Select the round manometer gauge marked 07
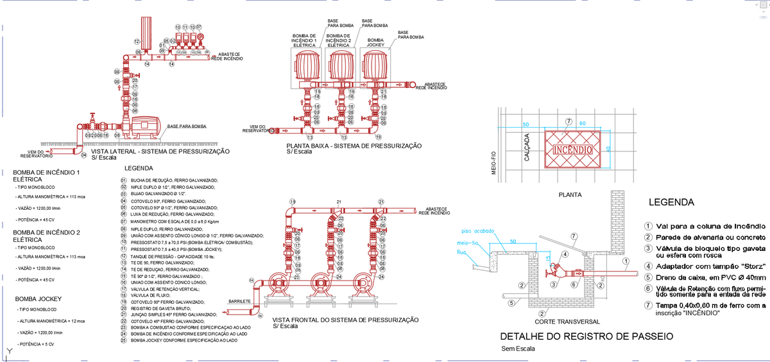tap(200, 38)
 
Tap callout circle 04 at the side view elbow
tap(83, 155)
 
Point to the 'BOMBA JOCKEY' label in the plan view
tap(375, 43)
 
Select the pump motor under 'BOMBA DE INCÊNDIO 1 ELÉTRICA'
tap(305, 66)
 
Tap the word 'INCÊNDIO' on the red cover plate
tap(572, 150)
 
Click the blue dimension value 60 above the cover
tap(583, 123)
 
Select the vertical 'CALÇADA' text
tap(527, 148)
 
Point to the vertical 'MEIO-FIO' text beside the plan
tap(494, 164)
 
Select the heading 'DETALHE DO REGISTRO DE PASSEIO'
tap(586, 336)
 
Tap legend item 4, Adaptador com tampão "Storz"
tap(702, 266)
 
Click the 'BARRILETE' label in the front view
tap(239, 301)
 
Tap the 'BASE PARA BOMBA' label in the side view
tap(186, 126)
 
